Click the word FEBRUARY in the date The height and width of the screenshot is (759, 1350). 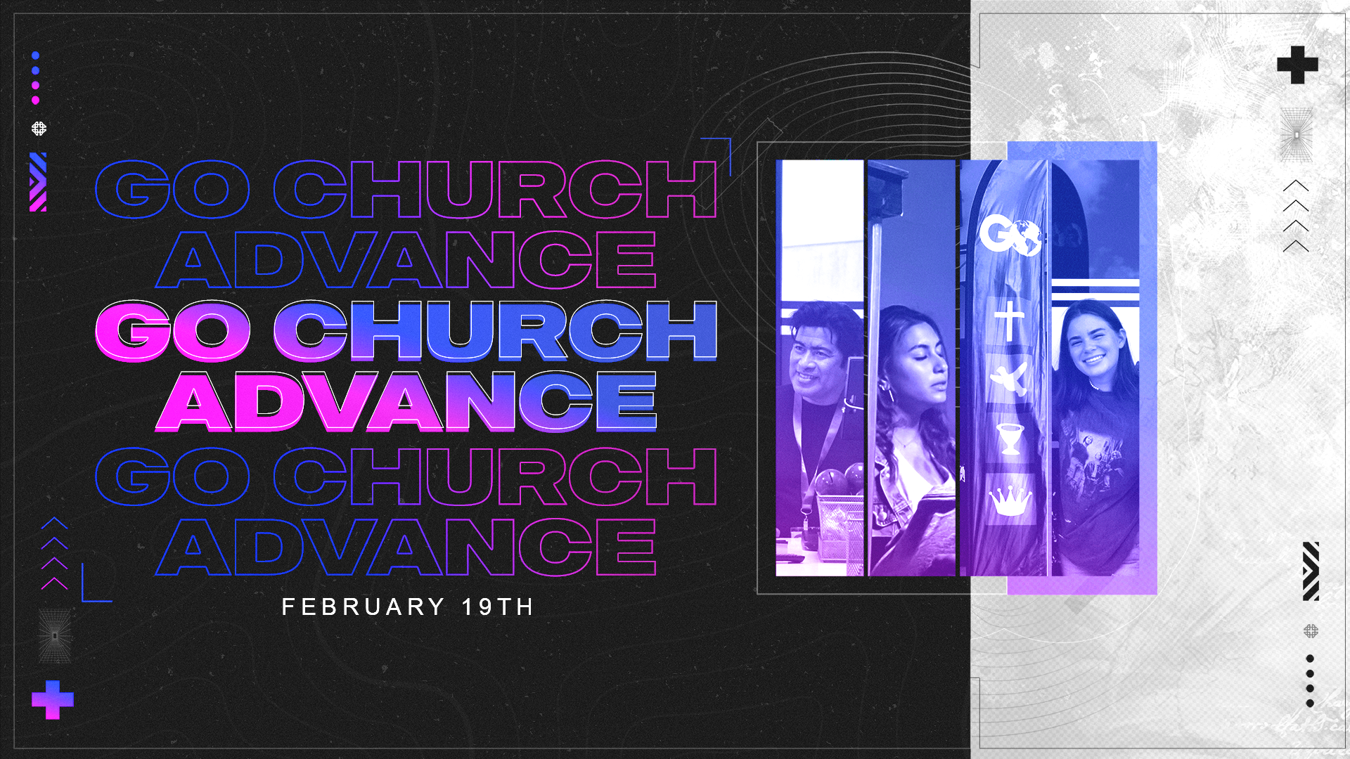point(363,606)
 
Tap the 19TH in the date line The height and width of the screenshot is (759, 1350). point(498,606)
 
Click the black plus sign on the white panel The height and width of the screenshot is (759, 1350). point(1297,65)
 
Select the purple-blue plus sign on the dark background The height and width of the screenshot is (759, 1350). point(53,700)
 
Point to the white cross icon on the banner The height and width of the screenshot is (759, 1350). point(1009,320)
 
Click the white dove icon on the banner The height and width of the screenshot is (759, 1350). point(1009,379)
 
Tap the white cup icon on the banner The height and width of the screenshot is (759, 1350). point(1010,439)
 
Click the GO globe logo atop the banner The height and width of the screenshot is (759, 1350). point(1010,235)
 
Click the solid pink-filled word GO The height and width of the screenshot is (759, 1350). point(172,330)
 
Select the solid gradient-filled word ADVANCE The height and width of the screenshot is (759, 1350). point(406,401)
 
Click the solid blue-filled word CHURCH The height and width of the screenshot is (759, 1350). point(495,330)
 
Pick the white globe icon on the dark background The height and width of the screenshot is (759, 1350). point(39,129)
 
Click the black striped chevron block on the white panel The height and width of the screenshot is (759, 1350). point(1311,571)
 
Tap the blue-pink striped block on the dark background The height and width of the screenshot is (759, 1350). point(38,182)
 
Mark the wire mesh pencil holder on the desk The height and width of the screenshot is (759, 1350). point(840,534)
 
